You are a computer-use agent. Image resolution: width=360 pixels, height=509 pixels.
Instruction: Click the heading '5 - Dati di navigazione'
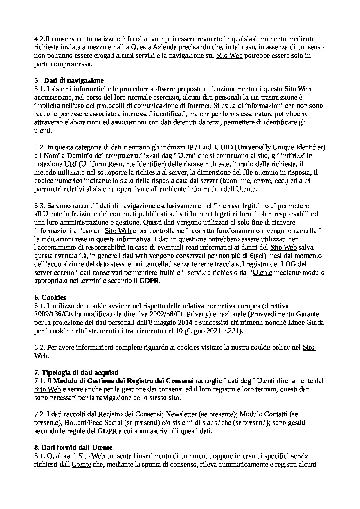click(69, 80)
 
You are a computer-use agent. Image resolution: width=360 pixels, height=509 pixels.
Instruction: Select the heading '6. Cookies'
click(50, 297)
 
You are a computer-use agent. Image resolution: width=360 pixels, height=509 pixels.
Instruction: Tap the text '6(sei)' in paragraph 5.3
click(259, 256)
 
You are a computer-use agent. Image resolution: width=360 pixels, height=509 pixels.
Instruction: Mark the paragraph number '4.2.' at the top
click(40, 39)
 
